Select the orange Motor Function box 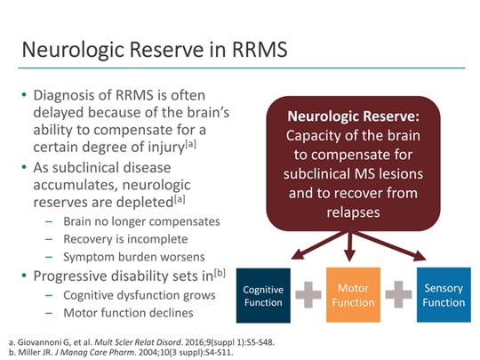(354, 295)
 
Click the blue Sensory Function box (443, 295)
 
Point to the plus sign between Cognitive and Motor (308, 296)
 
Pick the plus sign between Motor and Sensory (398, 296)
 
